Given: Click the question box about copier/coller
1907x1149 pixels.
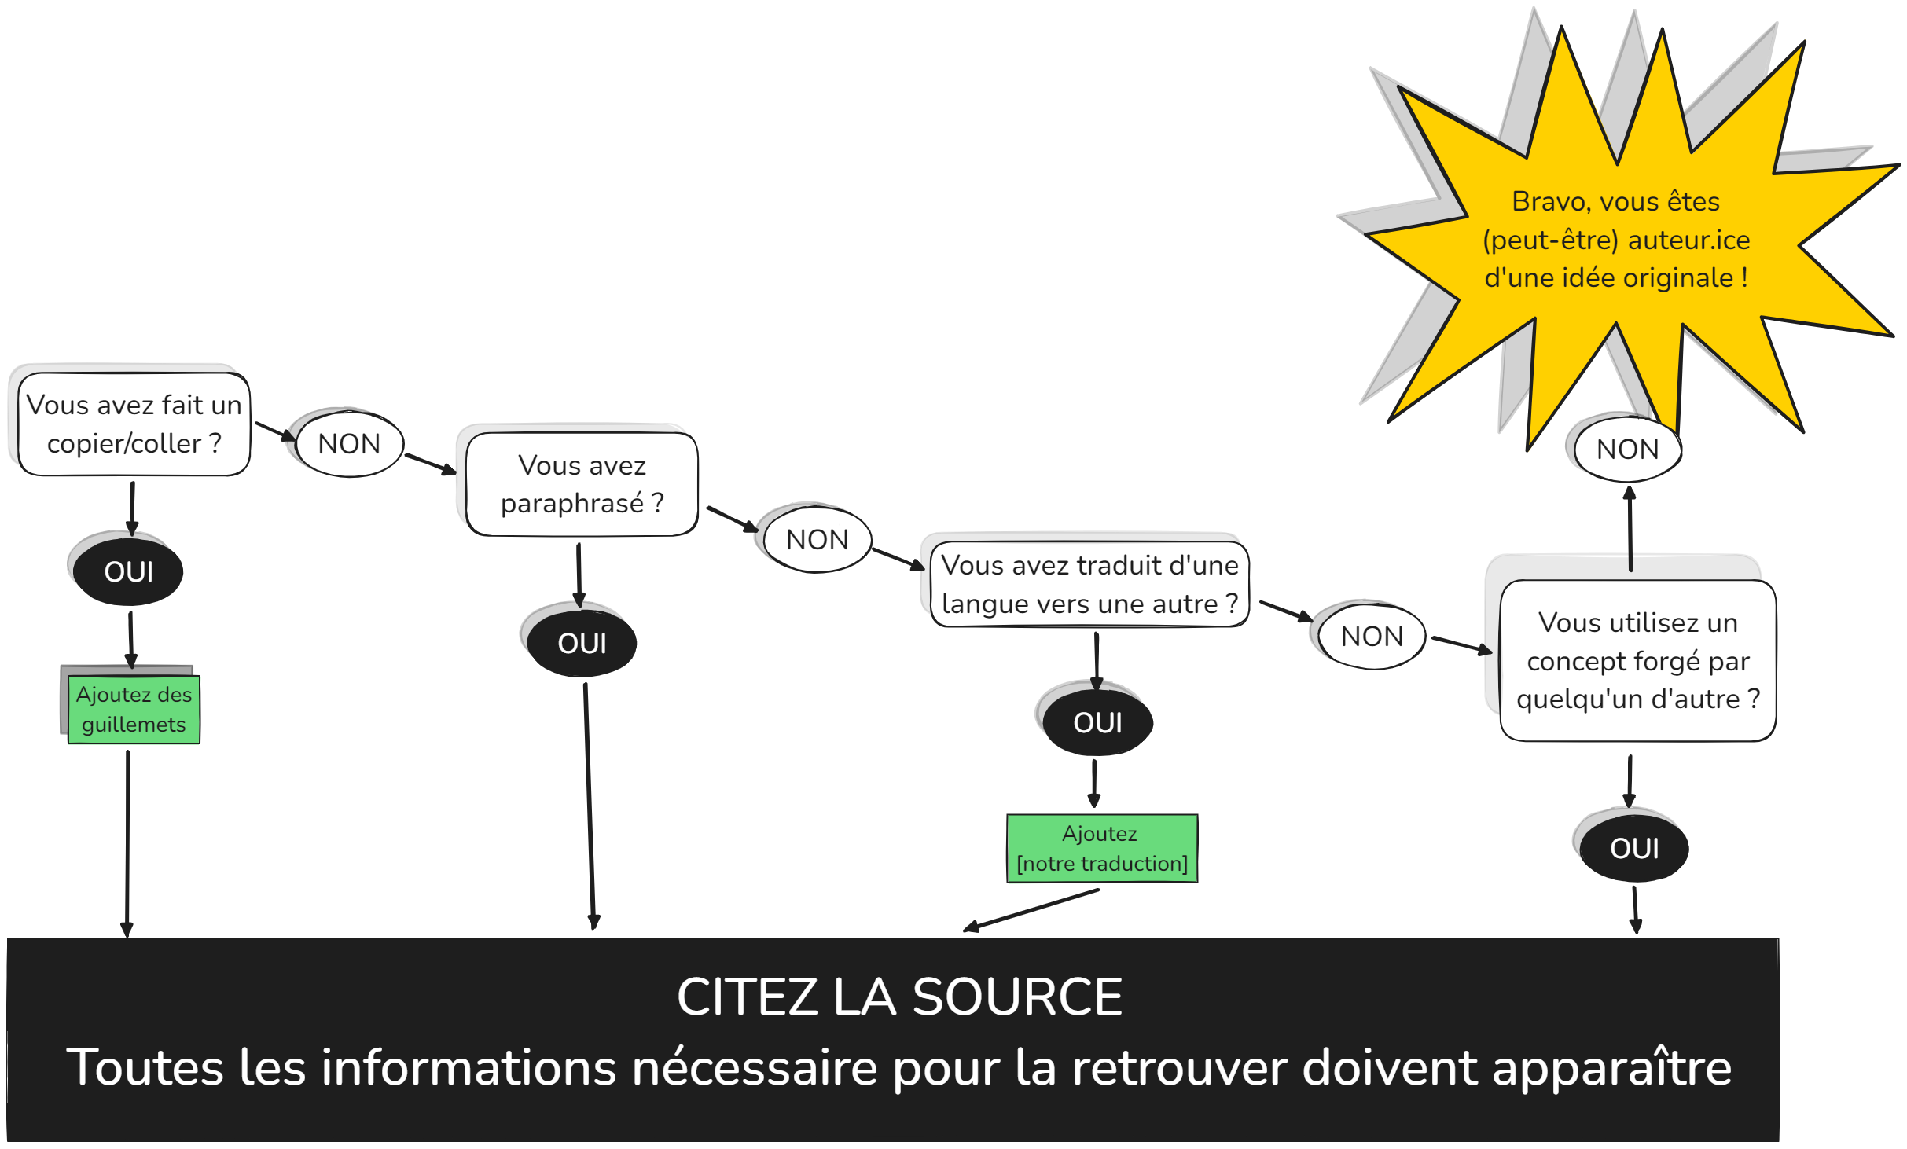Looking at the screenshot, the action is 134,424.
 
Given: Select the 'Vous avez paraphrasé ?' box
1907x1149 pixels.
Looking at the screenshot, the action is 582,484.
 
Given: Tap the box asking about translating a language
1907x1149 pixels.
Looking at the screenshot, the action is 1089,585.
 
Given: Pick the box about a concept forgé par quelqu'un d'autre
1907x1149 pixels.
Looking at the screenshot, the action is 1638,660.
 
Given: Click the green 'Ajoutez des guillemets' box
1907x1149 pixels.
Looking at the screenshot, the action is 134,710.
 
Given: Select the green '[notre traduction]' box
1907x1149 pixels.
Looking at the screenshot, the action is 1102,849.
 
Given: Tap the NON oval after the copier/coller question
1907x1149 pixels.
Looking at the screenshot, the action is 350,444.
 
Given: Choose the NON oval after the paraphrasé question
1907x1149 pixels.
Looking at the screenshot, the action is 818,540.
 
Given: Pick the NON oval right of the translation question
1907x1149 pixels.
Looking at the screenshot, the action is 1372,636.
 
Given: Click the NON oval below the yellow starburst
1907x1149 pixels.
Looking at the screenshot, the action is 1627,450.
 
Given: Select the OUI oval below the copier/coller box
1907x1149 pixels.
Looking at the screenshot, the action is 128,571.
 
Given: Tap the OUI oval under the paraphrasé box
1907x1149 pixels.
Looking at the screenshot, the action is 582,643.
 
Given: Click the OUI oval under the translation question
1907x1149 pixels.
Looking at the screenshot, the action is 1097,722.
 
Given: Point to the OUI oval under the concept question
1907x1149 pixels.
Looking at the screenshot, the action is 1634,848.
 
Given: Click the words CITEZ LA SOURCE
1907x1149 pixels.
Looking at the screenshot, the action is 899,997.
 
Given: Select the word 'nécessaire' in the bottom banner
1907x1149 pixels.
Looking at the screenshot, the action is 755,1067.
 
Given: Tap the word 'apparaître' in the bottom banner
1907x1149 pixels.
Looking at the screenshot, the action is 1611,1067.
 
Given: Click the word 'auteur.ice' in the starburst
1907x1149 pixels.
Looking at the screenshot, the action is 1688,240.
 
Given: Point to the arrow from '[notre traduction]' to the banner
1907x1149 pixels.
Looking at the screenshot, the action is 1031,911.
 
